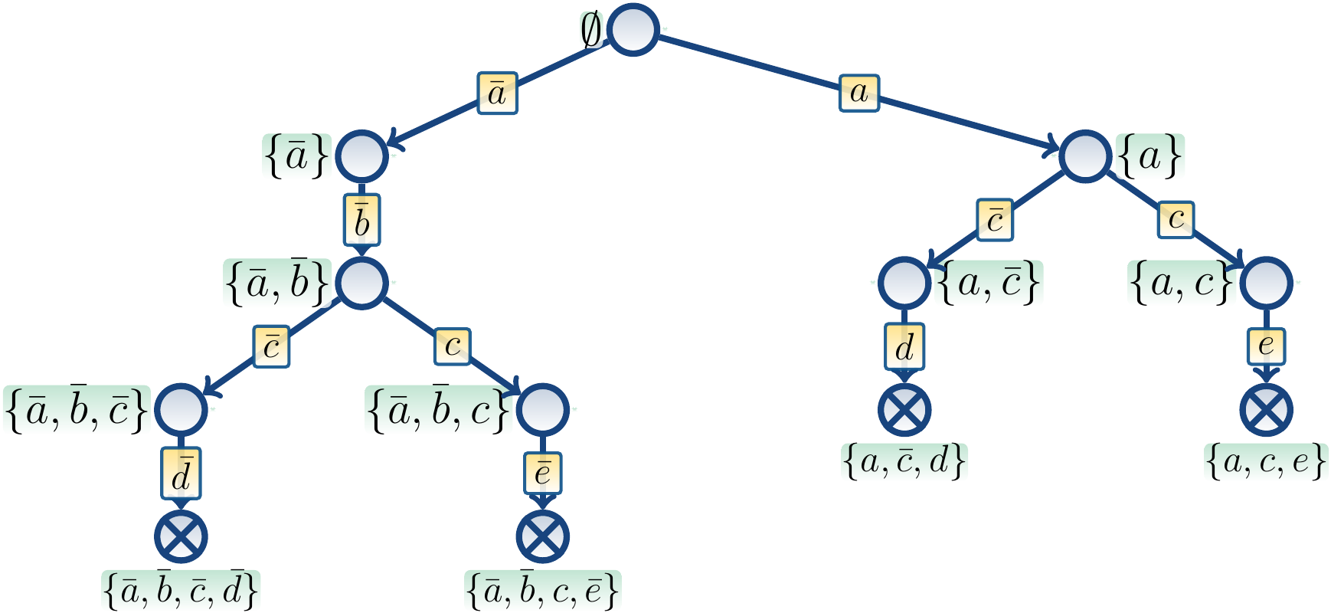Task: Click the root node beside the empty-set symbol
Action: pyautogui.click(x=633, y=30)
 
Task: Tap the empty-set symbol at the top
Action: pyautogui.click(x=591, y=31)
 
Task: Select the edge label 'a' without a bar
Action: pyautogui.click(x=859, y=93)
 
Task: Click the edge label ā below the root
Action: pyautogui.click(x=498, y=93)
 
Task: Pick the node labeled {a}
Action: pyautogui.click(x=1085, y=156)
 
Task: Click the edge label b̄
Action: pyautogui.click(x=362, y=221)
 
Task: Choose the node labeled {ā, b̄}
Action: pyautogui.click(x=362, y=283)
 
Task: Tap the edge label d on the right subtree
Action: pyautogui.click(x=904, y=346)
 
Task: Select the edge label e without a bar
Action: pyautogui.click(x=1266, y=346)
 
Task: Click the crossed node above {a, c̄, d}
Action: pyautogui.click(x=904, y=409)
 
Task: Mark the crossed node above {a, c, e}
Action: pyautogui.click(x=1266, y=409)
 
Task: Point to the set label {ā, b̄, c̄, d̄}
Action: pyautogui.click(x=181, y=591)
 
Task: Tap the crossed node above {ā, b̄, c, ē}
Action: pyautogui.click(x=543, y=536)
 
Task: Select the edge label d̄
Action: pyautogui.click(x=181, y=473)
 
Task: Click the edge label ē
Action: pyautogui.click(x=543, y=473)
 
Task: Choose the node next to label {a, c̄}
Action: pyautogui.click(x=904, y=283)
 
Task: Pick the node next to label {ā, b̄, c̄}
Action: pyautogui.click(x=181, y=409)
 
